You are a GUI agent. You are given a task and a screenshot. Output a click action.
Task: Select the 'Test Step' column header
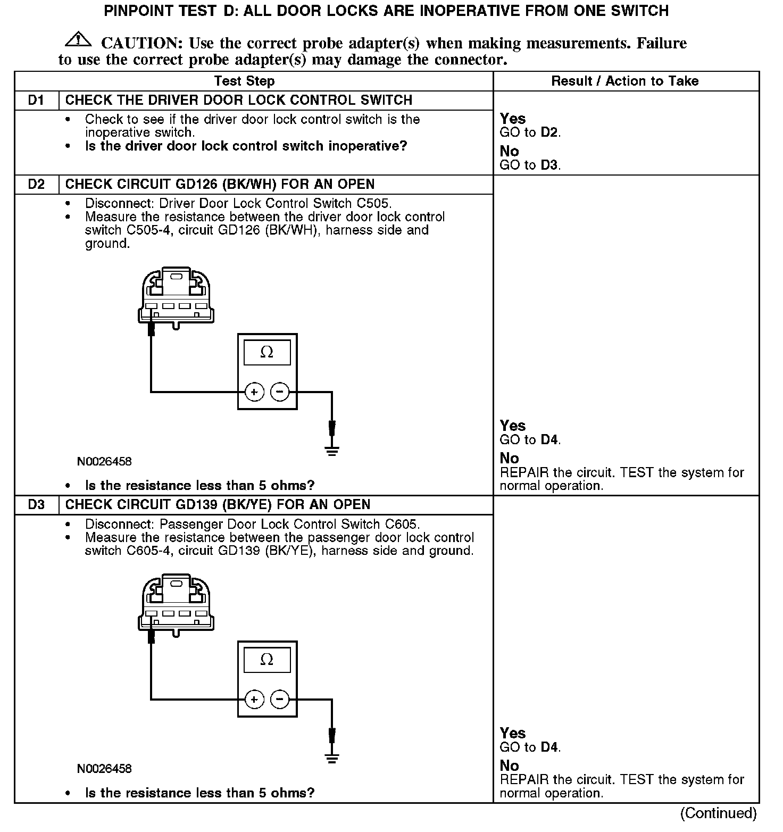tap(244, 81)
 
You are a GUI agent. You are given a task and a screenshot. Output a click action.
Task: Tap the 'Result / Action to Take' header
tap(624, 81)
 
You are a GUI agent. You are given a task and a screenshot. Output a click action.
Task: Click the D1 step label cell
tap(36, 101)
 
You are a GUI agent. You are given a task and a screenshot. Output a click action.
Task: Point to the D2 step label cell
tap(36, 185)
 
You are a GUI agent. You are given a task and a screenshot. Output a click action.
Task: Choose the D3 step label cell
tap(36, 505)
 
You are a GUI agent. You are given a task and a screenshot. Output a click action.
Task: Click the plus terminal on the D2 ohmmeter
tap(254, 393)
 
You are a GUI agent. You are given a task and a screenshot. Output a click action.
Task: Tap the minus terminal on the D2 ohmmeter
tap(280, 393)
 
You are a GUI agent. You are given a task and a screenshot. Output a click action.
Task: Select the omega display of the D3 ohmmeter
tap(267, 660)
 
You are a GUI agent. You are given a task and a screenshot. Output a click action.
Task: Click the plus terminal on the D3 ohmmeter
tap(254, 699)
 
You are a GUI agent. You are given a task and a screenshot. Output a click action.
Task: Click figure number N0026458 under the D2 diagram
tap(104, 462)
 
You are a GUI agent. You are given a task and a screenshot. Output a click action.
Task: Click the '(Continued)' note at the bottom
tap(718, 813)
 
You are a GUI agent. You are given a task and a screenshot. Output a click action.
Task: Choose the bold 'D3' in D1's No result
tap(549, 165)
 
